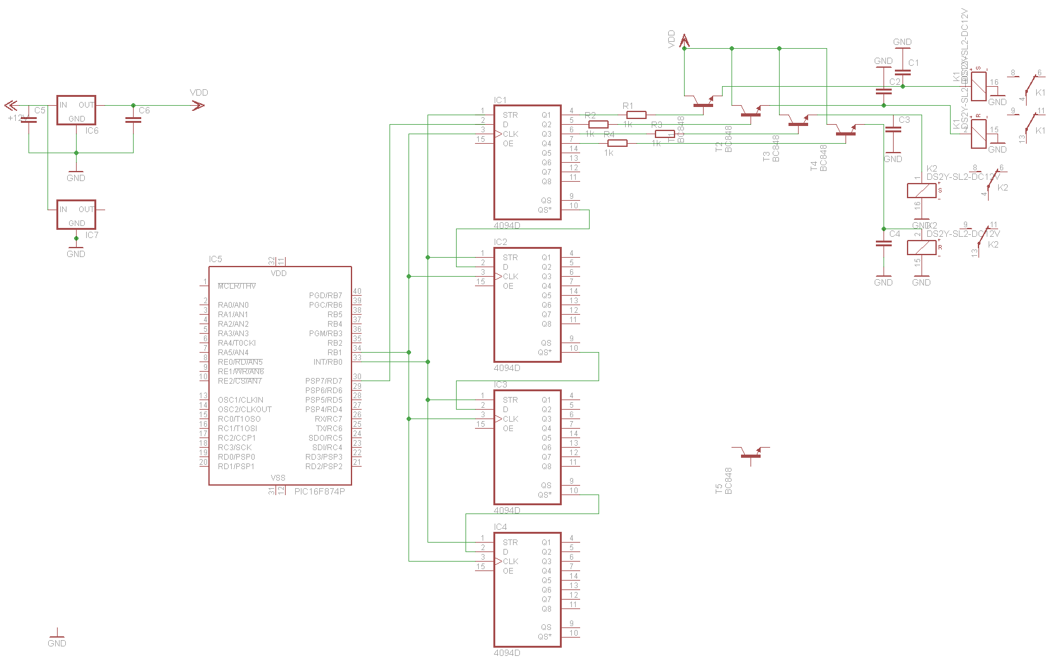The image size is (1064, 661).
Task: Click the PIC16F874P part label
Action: (x=320, y=491)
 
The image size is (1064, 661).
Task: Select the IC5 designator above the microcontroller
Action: (x=215, y=259)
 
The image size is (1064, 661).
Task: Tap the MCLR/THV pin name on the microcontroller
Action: (x=237, y=286)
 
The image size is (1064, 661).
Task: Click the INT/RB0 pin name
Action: (x=327, y=362)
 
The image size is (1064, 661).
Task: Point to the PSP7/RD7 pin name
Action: (x=323, y=381)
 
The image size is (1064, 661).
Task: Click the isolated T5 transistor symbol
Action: (x=751, y=453)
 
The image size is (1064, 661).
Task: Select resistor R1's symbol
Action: (x=636, y=115)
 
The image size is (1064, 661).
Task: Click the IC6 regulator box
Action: (x=76, y=110)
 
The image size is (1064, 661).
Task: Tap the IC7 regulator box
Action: (x=76, y=215)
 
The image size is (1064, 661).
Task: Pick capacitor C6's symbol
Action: (x=133, y=120)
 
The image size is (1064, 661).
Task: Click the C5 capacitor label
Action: (x=40, y=110)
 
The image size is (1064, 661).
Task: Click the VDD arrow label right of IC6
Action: (x=199, y=92)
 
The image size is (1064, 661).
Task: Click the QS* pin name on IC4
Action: (x=545, y=637)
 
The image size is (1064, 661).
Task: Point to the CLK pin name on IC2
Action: (x=510, y=277)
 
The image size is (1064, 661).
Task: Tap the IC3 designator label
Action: (x=500, y=384)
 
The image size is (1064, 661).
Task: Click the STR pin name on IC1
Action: (x=510, y=115)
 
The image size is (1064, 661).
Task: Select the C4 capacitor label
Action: (x=894, y=234)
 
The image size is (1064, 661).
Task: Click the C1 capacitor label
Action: (x=913, y=63)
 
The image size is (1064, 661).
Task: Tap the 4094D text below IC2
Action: (x=507, y=368)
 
